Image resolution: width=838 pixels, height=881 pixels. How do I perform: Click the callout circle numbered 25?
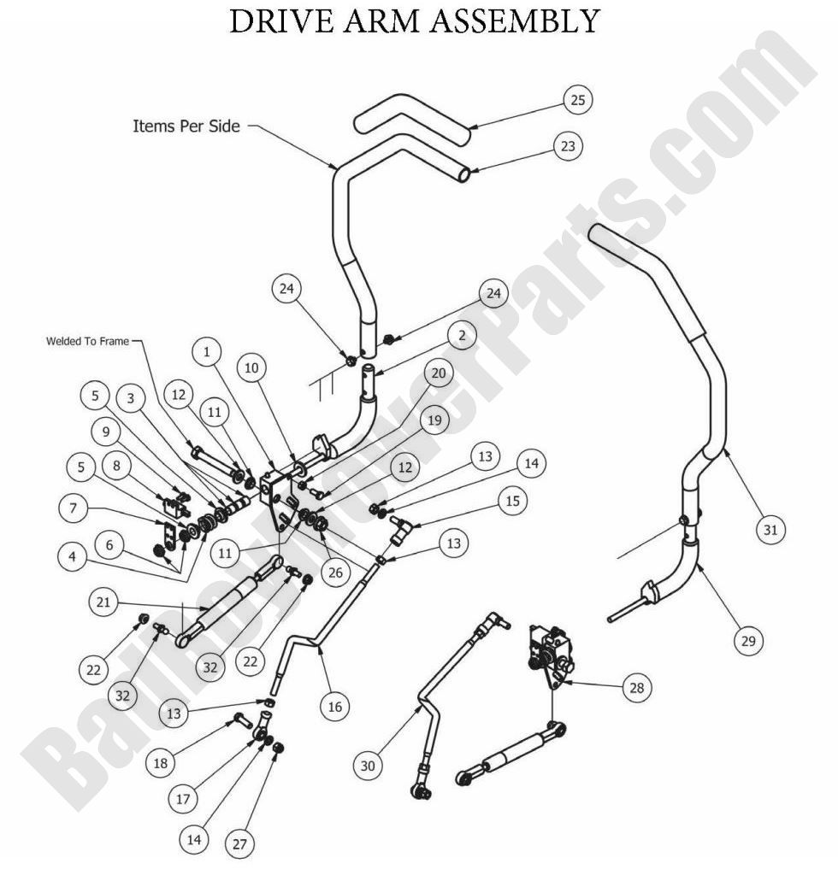pos(577,100)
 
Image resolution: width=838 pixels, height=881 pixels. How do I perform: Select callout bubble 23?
pos(566,146)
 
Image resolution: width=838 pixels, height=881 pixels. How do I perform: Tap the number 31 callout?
pos(770,530)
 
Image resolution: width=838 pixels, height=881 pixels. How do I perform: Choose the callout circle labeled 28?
pos(636,687)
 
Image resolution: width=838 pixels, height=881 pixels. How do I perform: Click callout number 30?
pos(368,766)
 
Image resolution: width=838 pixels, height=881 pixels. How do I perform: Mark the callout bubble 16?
pos(333,706)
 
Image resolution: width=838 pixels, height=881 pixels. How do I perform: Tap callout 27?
pos(239,844)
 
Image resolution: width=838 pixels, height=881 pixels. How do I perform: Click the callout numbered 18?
pos(160,763)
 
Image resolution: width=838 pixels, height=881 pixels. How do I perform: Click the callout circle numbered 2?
pos(461,337)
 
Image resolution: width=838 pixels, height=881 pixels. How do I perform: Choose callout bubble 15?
pos(511,501)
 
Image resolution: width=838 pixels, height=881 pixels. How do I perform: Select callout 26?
pos(334,573)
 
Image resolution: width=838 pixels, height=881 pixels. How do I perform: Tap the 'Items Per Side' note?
pos(186,126)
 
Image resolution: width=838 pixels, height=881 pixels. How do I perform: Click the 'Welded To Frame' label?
pos(88,342)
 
